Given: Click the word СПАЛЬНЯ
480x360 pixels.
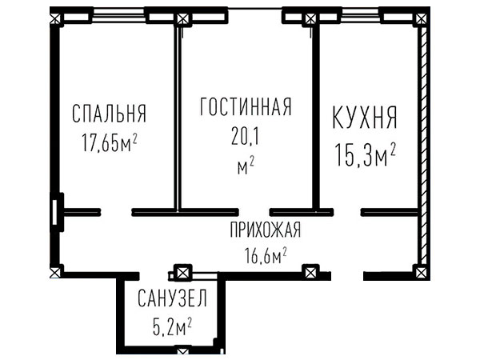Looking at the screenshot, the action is click(110, 114).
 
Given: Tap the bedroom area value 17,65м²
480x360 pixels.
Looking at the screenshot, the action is click(109, 143).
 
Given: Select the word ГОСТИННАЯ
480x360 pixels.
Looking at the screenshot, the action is click(246, 107).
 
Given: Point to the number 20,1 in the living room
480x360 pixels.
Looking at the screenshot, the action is click(246, 137).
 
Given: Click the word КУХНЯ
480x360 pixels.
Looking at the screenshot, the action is click(365, 117).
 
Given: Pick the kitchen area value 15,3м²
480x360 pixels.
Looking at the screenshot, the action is click(366, 154).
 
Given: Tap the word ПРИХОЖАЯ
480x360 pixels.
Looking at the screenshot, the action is click(266, 230).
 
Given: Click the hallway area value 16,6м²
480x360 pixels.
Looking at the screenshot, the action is click(266, 256).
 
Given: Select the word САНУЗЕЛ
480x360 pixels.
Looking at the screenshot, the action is click(172, 298).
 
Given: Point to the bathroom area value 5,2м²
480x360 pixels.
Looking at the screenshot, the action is click(172, 327).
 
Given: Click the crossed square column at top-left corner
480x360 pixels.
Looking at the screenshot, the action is click(55, 19).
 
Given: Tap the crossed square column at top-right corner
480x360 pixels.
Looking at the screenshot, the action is click(422, 19).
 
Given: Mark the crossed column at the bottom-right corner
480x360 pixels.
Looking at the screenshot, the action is click(421, 272).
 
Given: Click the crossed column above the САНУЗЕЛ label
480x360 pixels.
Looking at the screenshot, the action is click(182, 272).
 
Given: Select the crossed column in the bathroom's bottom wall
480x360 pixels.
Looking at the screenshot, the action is click(182, 350).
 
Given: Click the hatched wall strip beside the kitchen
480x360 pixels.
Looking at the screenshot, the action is click(423, 146).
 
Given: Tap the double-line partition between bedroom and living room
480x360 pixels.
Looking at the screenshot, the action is click(178, 118).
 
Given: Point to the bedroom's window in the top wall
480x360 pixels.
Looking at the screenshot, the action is click(118, 15).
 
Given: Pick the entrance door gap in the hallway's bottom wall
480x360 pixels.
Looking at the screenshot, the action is click(347, 276).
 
